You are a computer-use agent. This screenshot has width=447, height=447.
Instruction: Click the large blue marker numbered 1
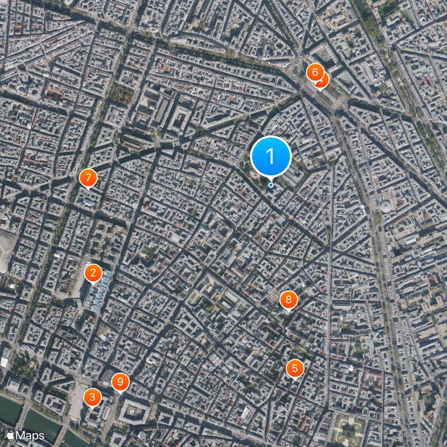click(x=271, y=156)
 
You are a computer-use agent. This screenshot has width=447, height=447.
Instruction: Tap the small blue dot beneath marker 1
click(x=271, y=185)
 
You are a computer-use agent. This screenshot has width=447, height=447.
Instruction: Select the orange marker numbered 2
click(x=93, y=273)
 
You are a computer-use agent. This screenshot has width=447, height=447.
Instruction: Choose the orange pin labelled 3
click(x=92, y=397)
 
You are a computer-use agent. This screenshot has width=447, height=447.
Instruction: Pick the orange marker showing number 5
click(x=295, y=368)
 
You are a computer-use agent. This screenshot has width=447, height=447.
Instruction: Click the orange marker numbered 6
click(x=315, y=72)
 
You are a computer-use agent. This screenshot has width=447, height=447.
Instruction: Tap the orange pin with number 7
click(x=88, y=178)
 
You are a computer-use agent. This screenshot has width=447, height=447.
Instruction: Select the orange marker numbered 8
click(x=288, y=299)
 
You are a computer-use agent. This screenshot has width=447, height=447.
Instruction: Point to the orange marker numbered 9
click(x=120, y=382)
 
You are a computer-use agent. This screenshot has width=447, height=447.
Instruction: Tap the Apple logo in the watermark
click(x=10, y=435)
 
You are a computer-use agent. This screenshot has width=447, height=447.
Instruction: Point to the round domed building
click(x=386, y=207)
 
